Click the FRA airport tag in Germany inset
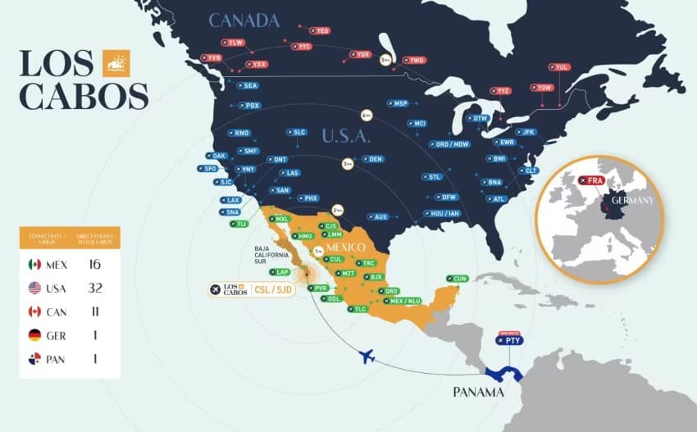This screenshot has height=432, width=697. [x=590, y=180]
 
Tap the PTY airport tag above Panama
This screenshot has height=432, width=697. [x=510, y=339]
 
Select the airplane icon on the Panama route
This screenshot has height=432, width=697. [x=367, y=356]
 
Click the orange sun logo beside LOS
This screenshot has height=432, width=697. [x=116, y=63]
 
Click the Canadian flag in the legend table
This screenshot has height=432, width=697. [x=34, y=311]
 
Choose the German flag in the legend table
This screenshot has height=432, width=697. [x=34, y=335]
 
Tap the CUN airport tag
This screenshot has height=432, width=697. [x=458, y=279]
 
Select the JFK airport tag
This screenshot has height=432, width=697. [x=525, y=131]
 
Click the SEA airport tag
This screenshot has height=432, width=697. [x=248, y=85]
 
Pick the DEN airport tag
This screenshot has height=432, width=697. [x=372, y=158]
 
